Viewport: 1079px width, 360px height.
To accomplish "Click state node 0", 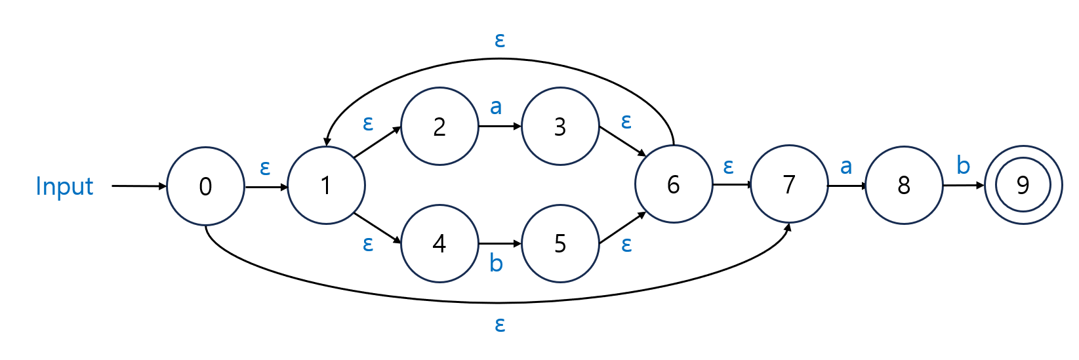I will (205, 186).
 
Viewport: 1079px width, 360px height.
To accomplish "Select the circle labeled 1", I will (326, 186).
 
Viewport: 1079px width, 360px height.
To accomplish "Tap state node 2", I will (439, 127).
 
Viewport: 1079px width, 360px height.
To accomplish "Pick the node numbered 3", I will (560, 127).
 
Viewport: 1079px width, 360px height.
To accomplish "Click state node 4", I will (439, 244).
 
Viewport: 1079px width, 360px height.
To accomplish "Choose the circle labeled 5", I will (560, 244).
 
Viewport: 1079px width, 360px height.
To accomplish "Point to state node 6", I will (674, 185).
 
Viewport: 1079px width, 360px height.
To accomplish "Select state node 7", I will (789, 185).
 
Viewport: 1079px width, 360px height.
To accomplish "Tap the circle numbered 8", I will (904, 186).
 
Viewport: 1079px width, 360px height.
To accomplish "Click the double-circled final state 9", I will (1023, 186).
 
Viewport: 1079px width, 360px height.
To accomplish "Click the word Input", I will (64, 186).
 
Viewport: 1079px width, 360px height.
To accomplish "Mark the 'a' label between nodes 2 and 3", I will (496, 106).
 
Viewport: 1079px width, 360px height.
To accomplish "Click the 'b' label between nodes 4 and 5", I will (496, 264).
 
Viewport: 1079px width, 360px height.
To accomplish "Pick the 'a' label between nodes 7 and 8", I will (846, 167).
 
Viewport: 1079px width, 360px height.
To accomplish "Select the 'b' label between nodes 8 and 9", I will (963, 165).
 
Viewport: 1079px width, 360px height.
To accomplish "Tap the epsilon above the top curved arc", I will (500, 41).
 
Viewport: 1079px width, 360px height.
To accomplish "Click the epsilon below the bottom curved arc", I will (500, 324).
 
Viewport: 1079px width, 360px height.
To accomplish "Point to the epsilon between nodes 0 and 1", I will (265, 169).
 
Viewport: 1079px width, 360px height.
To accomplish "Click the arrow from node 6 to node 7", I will (731, 185).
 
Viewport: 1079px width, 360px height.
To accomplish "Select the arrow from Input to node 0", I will (139, 186).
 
